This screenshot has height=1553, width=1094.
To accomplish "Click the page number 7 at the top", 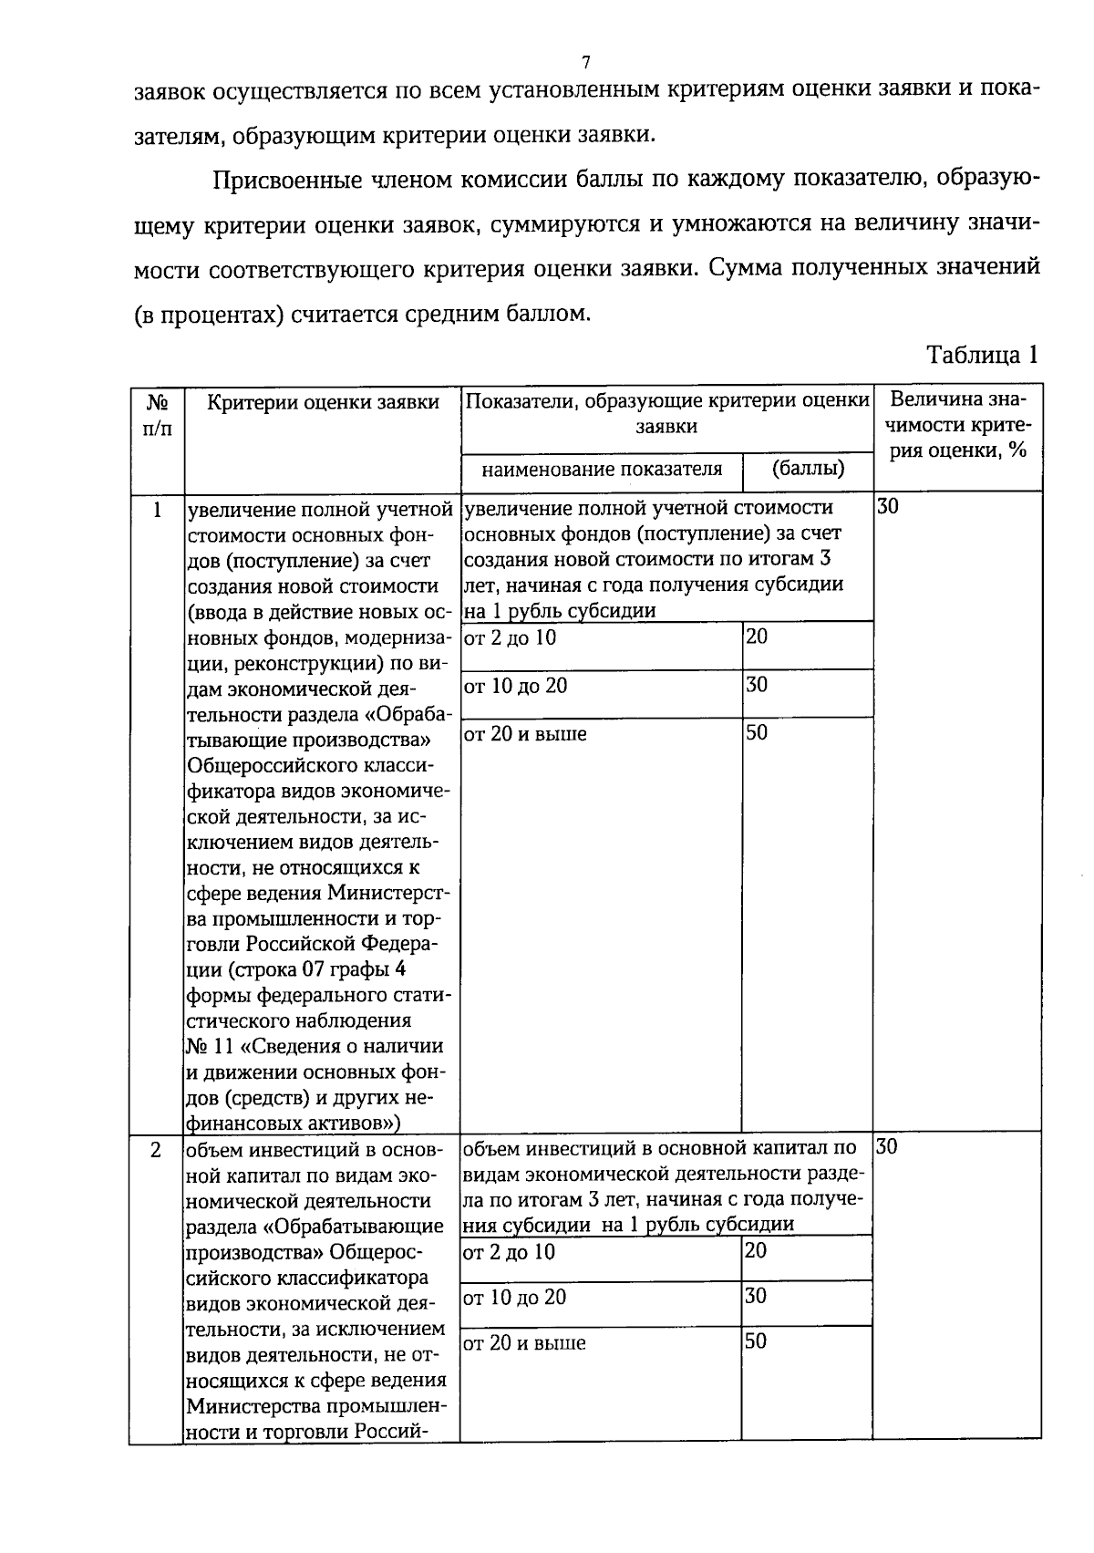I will point(586,62).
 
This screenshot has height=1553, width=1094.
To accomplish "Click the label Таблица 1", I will point(982,355).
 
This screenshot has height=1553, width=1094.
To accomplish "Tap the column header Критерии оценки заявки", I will point(323,402).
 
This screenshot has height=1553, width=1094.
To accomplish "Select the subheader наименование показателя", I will point(602,470).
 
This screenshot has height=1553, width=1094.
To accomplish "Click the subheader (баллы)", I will point(808,470).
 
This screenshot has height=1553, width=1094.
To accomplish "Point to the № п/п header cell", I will point(157,414).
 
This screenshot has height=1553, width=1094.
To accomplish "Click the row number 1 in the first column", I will point(157,510).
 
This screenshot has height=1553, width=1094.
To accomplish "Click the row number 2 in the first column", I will point(157,1150).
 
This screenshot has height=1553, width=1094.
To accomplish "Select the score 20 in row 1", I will point(757,637).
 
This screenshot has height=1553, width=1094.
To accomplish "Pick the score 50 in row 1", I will point(757,732).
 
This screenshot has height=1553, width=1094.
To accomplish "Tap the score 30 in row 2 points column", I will point(757,1296).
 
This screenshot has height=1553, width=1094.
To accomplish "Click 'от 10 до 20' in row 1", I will point(515,686).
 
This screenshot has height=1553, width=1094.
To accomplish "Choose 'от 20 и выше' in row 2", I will point(524,1342).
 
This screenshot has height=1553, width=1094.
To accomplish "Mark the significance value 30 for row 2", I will point(888,1147).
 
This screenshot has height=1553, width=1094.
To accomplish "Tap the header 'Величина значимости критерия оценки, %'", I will point(957,425).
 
